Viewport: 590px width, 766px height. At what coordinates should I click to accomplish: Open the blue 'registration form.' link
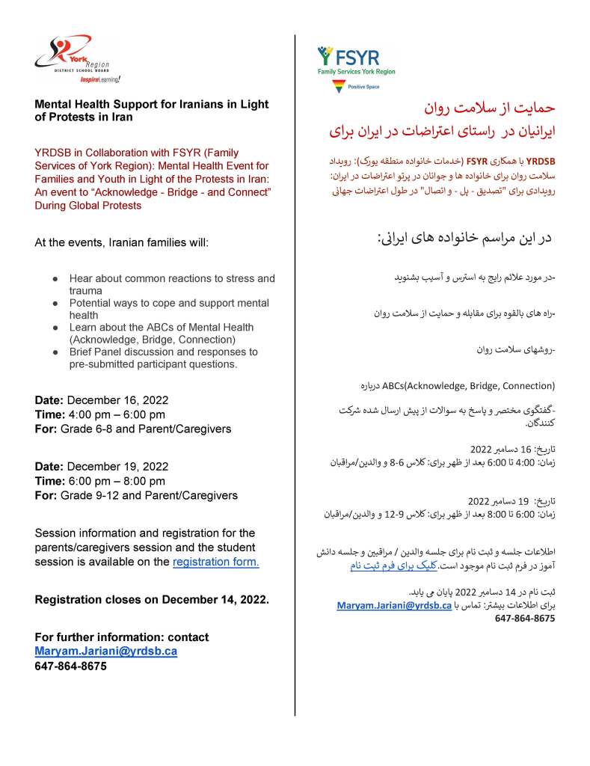tap(215, 562)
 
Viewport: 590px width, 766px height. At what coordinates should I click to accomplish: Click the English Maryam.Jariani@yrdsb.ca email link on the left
tap(105, 652)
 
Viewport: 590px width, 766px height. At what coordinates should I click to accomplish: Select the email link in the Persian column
tap(393, 604)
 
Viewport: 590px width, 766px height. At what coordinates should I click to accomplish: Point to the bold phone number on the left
tap(70, 666)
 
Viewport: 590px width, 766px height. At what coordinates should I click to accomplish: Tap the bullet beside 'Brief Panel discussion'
tap(56, 352)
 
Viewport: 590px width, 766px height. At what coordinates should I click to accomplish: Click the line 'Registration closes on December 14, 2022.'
tap(152, 600)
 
